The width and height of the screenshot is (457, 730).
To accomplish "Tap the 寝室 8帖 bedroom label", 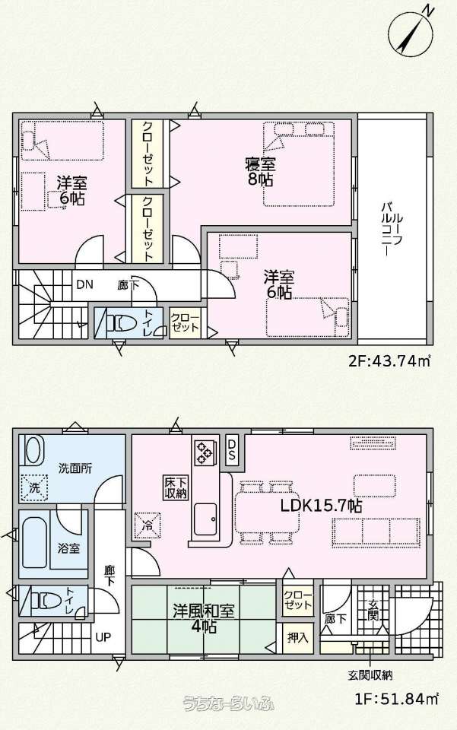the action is (x=260, y=171).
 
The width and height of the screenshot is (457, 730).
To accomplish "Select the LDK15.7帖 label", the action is (x=321, y=506).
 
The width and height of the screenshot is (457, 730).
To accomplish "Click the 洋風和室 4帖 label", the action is (x=204, y=617).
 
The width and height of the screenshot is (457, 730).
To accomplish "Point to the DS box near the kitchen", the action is (x=233, y=449).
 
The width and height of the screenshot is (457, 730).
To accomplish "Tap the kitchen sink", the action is (x=205, y=519).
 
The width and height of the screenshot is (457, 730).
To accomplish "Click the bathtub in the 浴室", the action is (x=34, y=543).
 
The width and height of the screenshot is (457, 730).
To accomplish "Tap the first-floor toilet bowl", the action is (x=46, y=601).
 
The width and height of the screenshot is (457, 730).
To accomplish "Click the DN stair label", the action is (x=84, y=284).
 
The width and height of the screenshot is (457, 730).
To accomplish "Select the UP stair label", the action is (x=103, y=636).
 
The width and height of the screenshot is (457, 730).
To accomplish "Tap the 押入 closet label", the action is (x=297, y=637).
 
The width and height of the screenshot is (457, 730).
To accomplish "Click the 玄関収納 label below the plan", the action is (x=370, y=674).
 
